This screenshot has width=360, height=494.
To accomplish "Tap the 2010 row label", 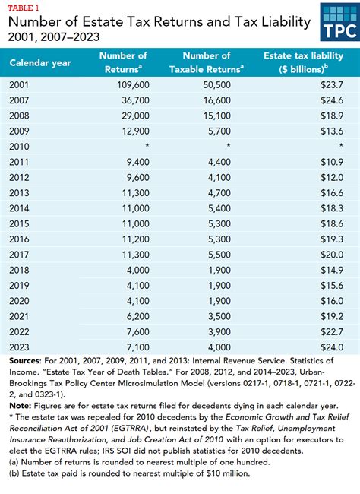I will [x=21, y=144].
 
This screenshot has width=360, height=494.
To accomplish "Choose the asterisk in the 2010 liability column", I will [x=341, y=145].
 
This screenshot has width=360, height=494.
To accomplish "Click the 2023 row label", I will [x=21, y=347].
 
